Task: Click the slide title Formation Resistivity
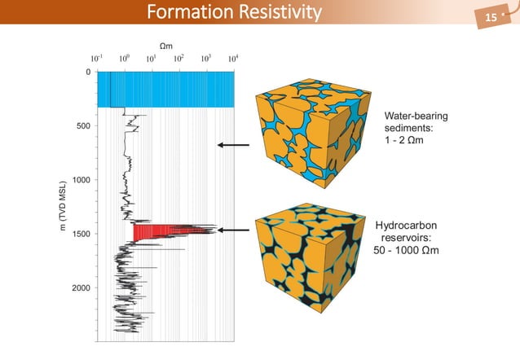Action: pos(233,13)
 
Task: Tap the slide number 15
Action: pos(491,17)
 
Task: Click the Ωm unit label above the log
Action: pos(165,45)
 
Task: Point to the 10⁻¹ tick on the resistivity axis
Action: pos(96,59)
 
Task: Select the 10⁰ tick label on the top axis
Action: pos(124,59)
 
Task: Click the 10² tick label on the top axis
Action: pos(178,59)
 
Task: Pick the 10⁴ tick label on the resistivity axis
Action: pos(233,59)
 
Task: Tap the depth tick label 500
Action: pos(82,126)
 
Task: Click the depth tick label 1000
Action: pos(80,179)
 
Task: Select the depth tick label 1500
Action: pos(80,234)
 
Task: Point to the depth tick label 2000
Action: pos(80,288)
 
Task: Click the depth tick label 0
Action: pos(88,72)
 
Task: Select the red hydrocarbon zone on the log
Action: pos(155,233)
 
